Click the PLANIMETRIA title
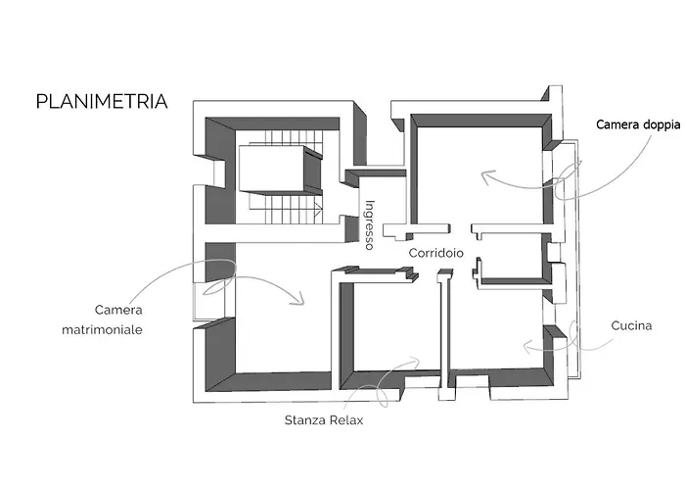[102, 102]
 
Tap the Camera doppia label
[638, 125]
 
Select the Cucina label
[631, 325]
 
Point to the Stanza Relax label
[324, 420]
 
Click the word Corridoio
[436, 253]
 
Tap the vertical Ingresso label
[370, 224]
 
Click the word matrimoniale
[102, 329]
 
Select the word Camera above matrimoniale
[118, 310]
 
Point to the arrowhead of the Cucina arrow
[527, 347]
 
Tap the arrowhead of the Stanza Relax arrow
[415, 361]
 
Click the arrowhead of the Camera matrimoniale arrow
[299, 300]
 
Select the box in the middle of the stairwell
[280, 170]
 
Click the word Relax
[346, 420]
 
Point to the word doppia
[660, 125]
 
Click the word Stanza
[305, 420]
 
